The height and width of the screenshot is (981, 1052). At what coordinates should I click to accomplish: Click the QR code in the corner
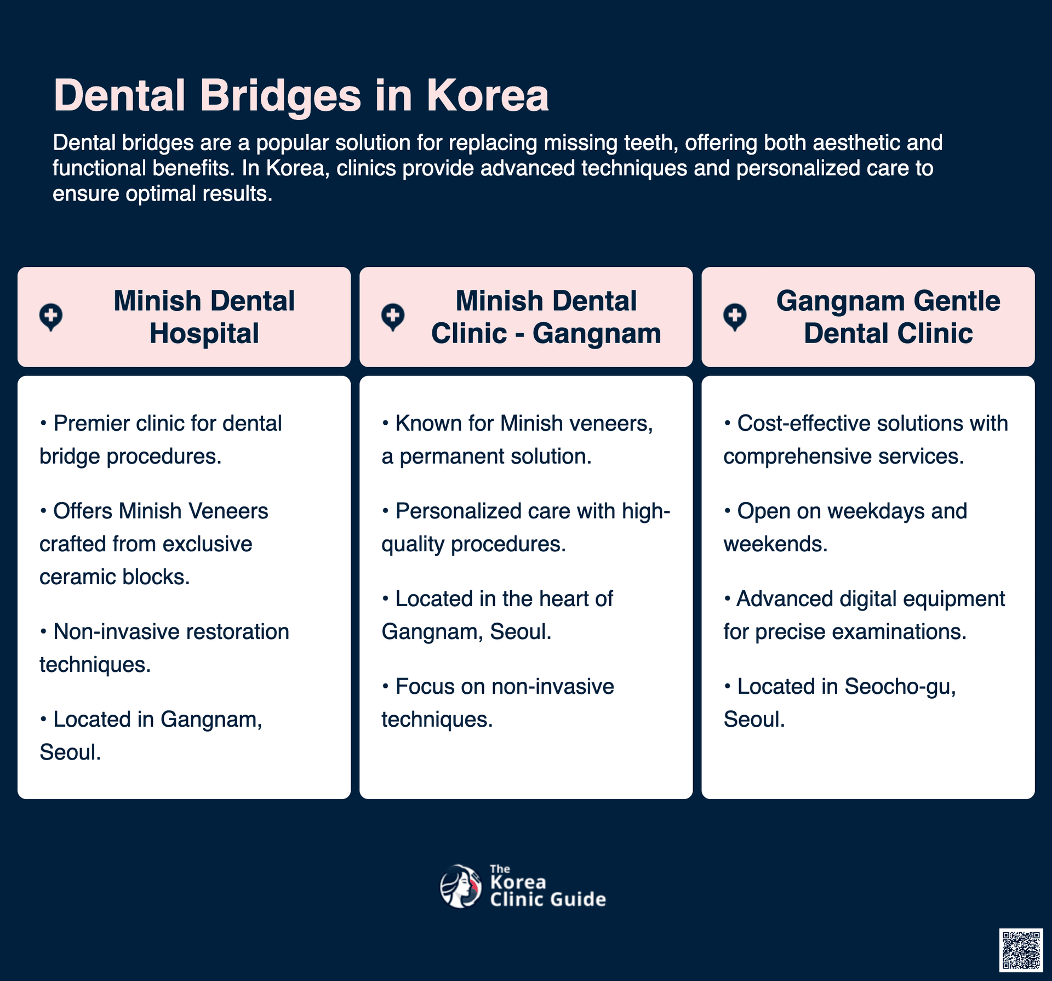point(1021,950)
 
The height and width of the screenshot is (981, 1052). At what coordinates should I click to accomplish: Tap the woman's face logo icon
point(461,886)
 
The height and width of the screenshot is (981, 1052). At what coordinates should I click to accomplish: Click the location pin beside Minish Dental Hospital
point(51,317)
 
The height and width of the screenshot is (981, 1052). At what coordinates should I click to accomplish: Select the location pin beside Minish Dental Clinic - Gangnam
point(393,317)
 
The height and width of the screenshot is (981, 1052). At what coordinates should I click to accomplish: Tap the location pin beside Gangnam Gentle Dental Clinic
point(735,317)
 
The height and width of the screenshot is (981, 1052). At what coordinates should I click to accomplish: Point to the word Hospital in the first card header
point(204,333)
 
